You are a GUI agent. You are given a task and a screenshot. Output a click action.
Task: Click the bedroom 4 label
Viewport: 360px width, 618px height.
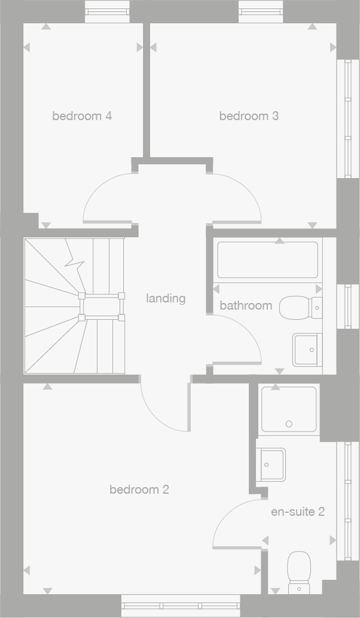pyautogui.click(x=82, y=116)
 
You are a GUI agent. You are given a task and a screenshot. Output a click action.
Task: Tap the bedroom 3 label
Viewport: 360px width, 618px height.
pyautogui.click(x=249, y=116)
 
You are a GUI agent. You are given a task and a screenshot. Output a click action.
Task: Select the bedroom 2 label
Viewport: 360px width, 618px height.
pyautogui.click(x=139, y=490)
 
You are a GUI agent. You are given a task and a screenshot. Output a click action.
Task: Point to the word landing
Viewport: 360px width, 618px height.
pyautogui.click(x=166, y=298)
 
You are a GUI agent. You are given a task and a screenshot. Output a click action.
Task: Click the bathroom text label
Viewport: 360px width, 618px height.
pyautogui.click(x=246, y=305)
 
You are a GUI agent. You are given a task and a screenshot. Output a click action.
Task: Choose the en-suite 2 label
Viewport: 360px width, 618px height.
pyautogui.click(x=298, y=512)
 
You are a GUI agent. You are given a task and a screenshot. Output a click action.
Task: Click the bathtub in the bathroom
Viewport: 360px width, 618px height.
pyautogui.click(x=267, y=260)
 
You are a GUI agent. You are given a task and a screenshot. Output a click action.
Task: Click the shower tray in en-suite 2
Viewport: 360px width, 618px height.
pyautogui.click(x=289, y=409)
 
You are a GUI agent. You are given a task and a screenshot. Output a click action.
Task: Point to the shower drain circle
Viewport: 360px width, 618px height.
pyautogui.click(x=289, y=424)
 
